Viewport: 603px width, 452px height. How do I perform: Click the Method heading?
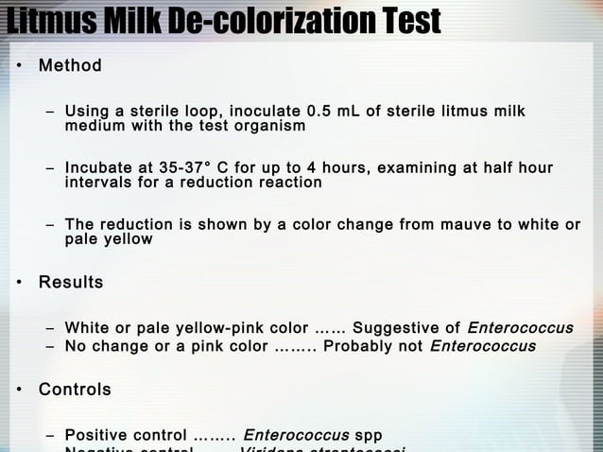click(x=70, y=66)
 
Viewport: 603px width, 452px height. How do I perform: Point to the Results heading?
click(x=71, y=282)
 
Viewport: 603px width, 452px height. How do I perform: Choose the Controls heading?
click(x=75, y=390)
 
